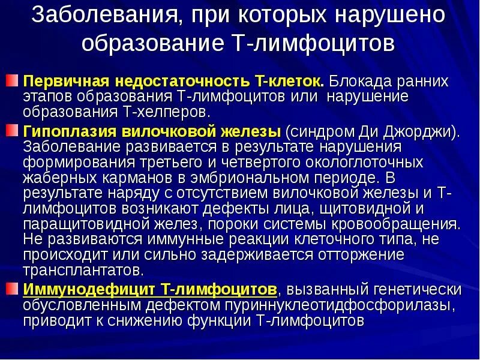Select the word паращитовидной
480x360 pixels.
coord(80,224)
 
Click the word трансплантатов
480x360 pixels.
coord(83,270)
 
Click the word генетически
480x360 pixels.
coord(418,289)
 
